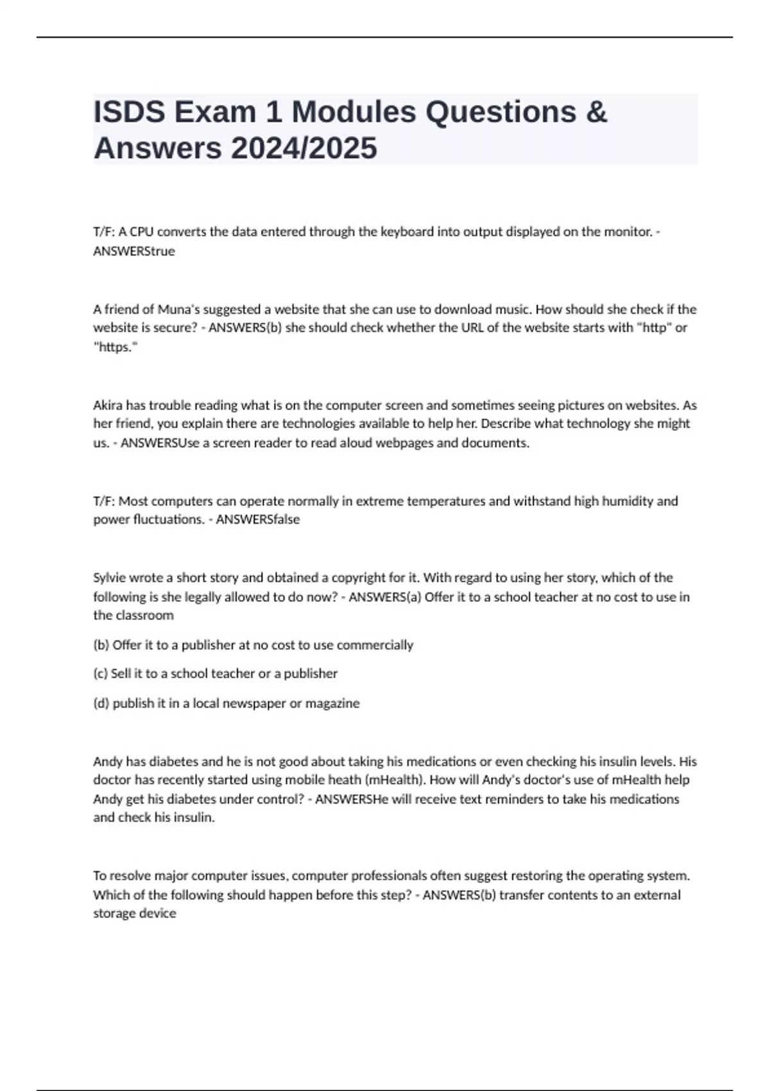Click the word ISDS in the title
tap(130, 112)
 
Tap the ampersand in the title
tap(596, 112)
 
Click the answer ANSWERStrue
tap(134, 251)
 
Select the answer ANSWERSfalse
tap(258, 519)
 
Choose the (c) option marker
tap(100, 673)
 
